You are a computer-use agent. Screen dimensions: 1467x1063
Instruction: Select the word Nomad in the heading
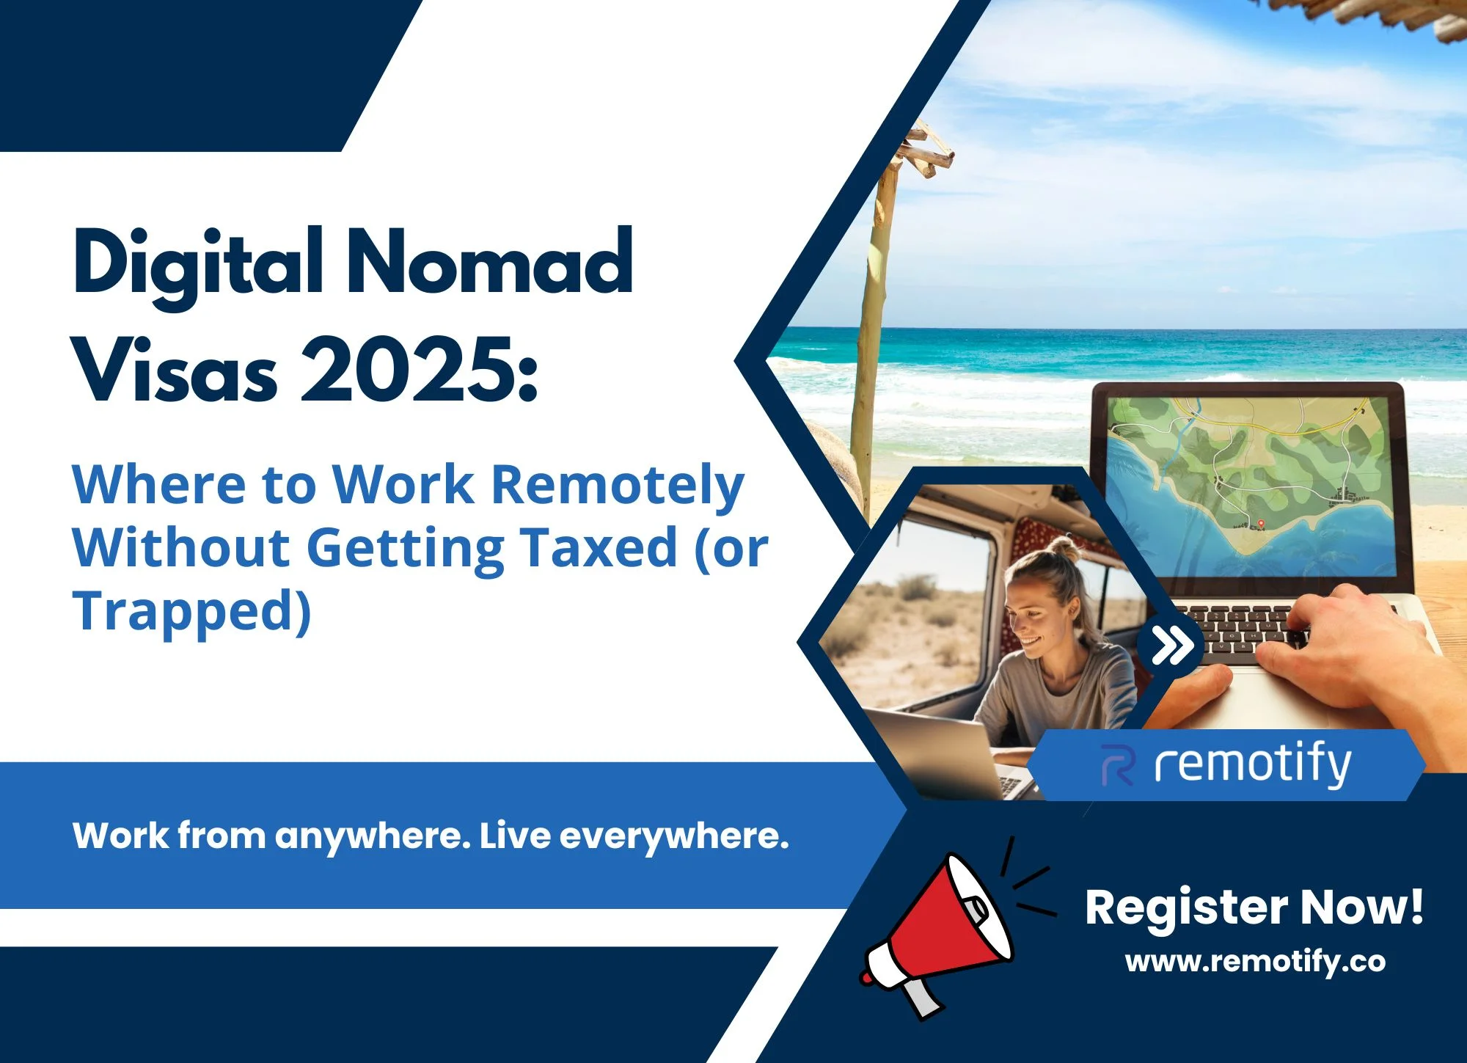tap(490, 260)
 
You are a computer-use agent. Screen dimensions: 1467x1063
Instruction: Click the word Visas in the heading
tap(176, 370)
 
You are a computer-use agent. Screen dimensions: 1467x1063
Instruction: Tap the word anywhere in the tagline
tap(373, 837)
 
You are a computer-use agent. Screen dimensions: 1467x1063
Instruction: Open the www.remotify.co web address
tap(1255, 962)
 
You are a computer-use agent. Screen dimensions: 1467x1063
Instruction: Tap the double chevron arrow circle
tap(1171, 646)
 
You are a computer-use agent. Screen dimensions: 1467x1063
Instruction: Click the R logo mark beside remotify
tap(1119, 765)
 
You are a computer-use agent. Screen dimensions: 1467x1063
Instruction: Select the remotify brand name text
tap(1252, 765)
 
